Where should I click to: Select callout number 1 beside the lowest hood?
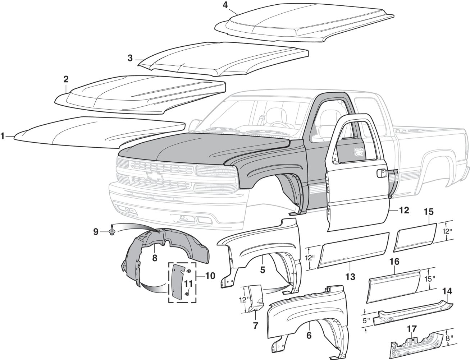3,136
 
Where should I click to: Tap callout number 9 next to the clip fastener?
96,232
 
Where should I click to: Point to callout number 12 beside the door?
404,210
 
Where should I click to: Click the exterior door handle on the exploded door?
379,174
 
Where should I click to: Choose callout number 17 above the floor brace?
411,329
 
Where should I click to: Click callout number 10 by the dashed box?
210,276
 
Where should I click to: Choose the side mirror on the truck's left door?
195,125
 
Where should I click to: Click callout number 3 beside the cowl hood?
130,58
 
